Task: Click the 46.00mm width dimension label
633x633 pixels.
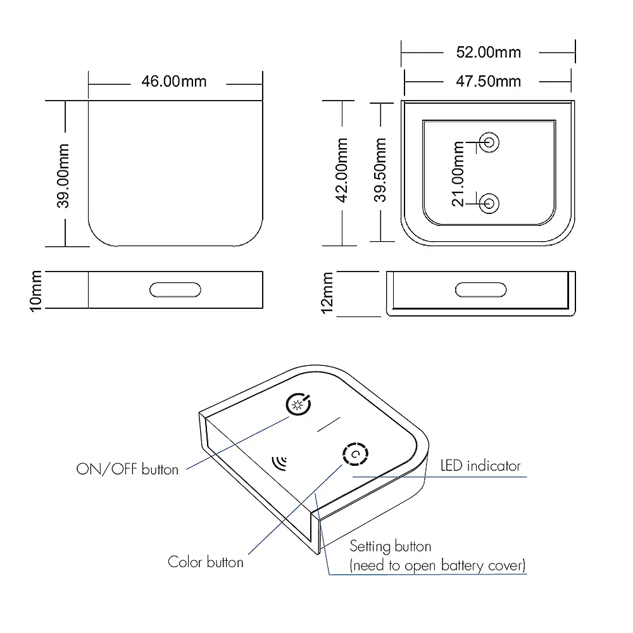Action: click(x=173, y=82)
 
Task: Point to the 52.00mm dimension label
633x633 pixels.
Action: click(x=489, y=52)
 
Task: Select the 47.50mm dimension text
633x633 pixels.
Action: click(x=489, y=81)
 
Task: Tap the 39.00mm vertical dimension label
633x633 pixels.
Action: click(x=63, y=176)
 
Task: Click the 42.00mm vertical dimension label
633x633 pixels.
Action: click(x=342, y=170)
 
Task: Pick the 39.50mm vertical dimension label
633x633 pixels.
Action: click(x=380, y=170)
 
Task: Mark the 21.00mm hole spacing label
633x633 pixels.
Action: click(x=459, y=173)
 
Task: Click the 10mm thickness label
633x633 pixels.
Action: click(x=36, y=290)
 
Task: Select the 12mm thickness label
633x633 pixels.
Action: click(x=327, y=293)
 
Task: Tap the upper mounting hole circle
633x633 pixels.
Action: click(x=489, y=142)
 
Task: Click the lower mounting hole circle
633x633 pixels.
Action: click(x=489, y=203)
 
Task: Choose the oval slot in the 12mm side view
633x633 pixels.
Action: click(x=481, y=290)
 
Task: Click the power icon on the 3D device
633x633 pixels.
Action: click(x=298, y=404)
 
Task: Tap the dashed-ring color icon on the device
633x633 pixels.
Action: click(x=354, y=454)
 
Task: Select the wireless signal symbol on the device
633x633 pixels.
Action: click(x=278, y=462)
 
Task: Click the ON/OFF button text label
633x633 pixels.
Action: click(x=127, y=469)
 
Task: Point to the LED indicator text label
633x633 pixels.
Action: click(x=480, y=466)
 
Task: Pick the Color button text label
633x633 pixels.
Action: click(x=205, y=561)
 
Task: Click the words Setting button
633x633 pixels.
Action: click(x=391, y=546)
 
